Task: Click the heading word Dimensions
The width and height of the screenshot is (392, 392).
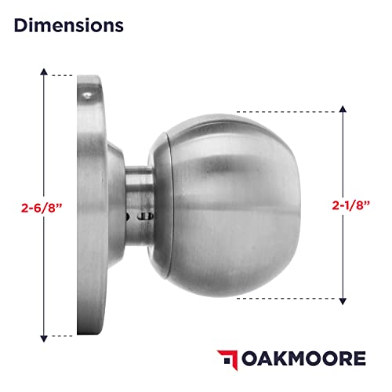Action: coord(68,25)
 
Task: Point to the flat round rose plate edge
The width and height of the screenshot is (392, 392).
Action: coord(85,205)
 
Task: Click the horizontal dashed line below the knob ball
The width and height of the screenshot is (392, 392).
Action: coord(282,299)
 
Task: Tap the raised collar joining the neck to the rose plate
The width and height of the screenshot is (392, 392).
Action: coord(114,205)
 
